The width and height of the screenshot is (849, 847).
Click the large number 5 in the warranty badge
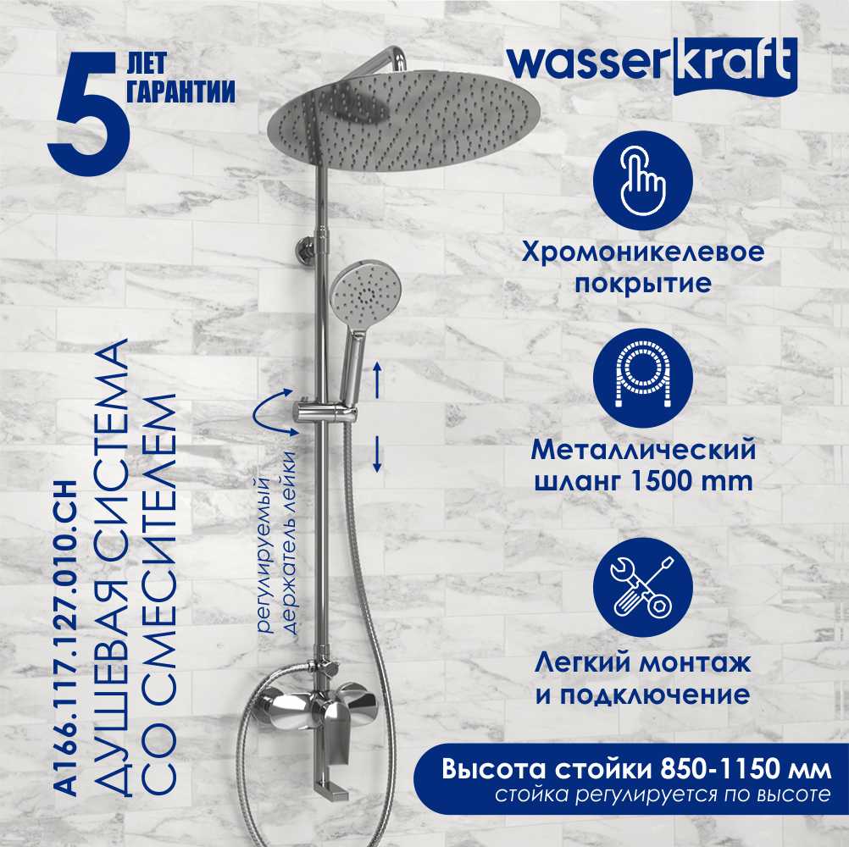click(x=89, y=113)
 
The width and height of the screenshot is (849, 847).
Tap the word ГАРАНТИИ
click(x=180, y=91)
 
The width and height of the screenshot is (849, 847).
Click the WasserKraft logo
click(x=652, y=66)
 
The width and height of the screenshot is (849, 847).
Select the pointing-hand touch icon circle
click(x=643, y=180)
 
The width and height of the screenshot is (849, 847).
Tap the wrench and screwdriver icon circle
click(x=643, y=587)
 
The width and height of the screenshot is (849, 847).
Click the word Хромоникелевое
click(x=643, y=252)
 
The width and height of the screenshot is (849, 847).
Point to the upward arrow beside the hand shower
click(x=377, y=381)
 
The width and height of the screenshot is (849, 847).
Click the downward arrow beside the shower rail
click(x=377, y=455)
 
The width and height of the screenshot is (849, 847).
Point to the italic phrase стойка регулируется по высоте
click(x=663, y=794)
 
